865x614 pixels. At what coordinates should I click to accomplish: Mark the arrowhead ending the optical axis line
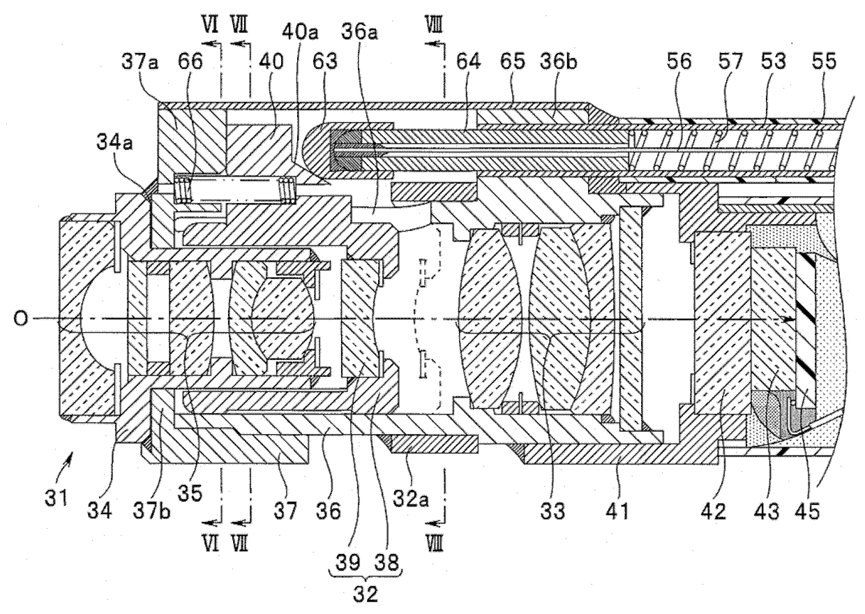point(789,320)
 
